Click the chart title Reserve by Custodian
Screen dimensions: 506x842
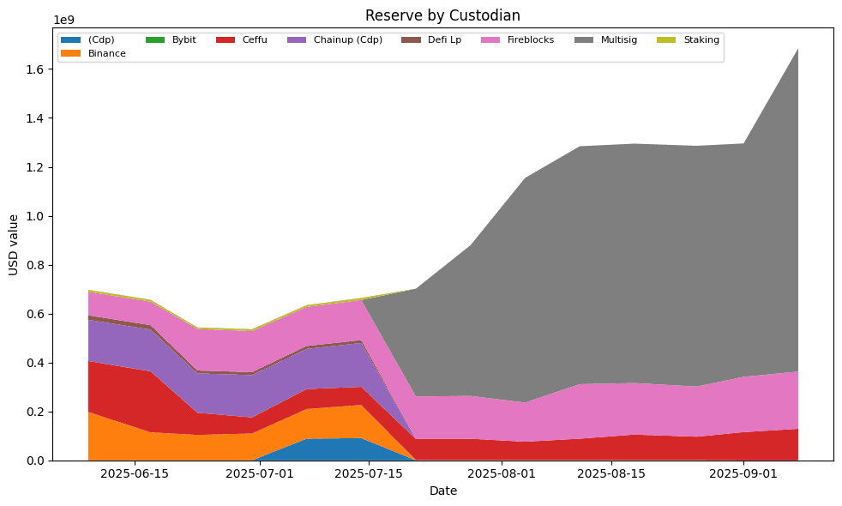click(x=442, y=15)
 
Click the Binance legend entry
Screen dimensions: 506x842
click(x=106, y=54)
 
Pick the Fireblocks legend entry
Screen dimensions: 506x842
click(x=529, y=40)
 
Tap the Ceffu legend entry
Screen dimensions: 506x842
click(x=255, y=40)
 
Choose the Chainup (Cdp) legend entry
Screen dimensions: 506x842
click(x=347, y=40)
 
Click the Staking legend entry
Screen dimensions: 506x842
click(x=701, y=40)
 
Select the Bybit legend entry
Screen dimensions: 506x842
click(x=183, y=40)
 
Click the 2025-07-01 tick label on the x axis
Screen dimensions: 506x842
click(x=259, y=473)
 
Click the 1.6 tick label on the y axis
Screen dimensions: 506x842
click(x=33, y=69)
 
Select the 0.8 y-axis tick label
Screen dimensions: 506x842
click(x=33, y=265)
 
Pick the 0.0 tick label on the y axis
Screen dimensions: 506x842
click(x=33, y=461)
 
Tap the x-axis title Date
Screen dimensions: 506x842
click(x=442, y=491)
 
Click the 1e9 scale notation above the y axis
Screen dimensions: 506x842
click(x=64, y=20)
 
